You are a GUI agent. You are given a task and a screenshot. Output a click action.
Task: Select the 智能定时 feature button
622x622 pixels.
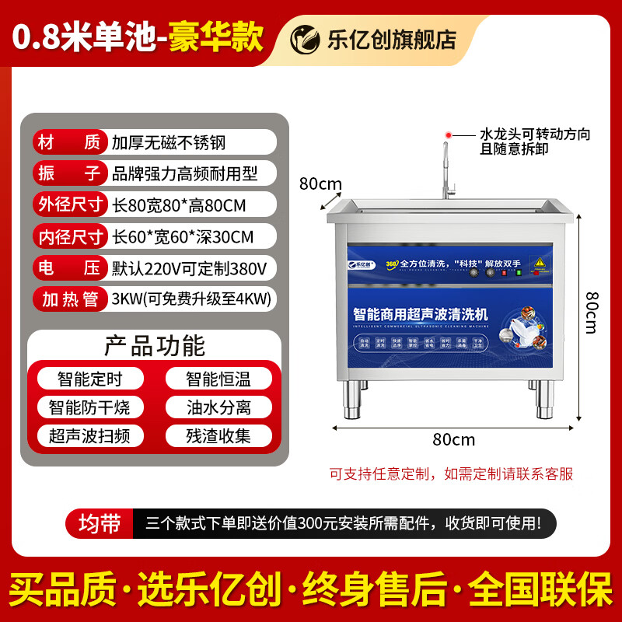pyautogui.click(x=90, y=379)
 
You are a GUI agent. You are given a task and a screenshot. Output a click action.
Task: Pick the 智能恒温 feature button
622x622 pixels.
pyautogui.click(x=218, y=379)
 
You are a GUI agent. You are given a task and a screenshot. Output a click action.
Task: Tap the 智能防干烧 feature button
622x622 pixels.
pyautogui.click(x=90, y=407)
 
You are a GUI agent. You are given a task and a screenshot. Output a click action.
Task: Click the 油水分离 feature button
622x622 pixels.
pyautogui.click(x=218, y=407)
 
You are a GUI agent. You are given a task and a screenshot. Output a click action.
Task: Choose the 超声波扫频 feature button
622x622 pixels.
pyautogui.click(x=90, y=435)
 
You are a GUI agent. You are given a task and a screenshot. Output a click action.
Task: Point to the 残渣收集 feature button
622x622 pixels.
pyautogui.click(x=218, y=435)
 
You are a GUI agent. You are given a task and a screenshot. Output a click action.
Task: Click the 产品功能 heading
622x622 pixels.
pyautogui.click(x=154, y=344)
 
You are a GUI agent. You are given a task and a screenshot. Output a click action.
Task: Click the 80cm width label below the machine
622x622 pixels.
pyautogui.click(x=453, y=439)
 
